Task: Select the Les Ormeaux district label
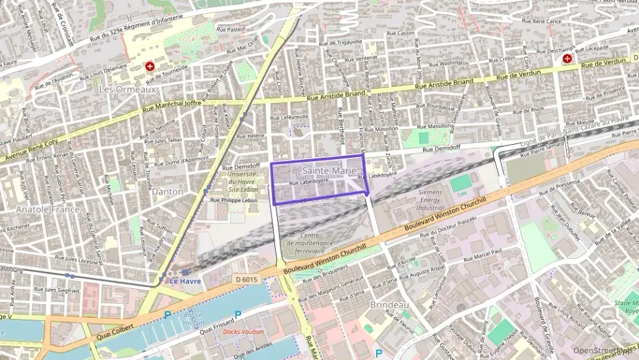[128, 89]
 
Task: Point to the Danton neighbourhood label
[167, 191]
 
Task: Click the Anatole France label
[47, 209]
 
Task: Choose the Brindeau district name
[389, 304]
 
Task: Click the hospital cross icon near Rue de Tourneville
[149, 66]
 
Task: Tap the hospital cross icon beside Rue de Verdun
[567, 59]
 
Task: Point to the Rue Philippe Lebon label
[233, 200]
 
